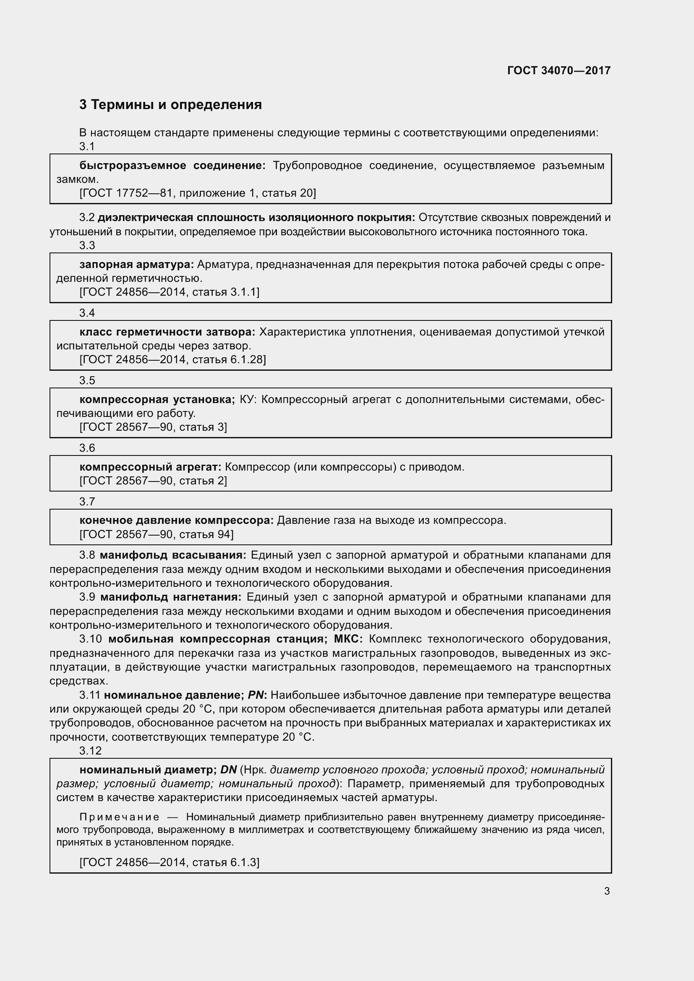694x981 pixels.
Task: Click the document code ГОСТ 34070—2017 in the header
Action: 558,70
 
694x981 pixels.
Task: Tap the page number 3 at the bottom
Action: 607,891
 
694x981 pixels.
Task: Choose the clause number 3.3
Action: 87,245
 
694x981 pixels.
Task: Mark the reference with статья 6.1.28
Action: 172,359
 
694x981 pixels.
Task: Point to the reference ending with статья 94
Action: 157,534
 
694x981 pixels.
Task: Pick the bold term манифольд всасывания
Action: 173,555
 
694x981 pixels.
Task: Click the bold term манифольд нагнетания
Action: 171,597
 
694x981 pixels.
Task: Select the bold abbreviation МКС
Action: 348,639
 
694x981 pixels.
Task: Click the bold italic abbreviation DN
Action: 229,770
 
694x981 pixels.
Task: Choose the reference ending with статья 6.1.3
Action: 169,862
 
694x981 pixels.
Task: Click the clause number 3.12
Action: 90,751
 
